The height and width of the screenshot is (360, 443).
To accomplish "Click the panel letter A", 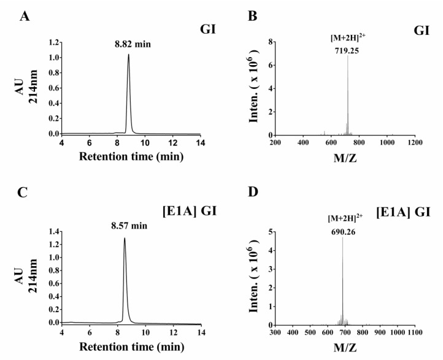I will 25,15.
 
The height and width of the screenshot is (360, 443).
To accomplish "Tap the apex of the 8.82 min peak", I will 128,54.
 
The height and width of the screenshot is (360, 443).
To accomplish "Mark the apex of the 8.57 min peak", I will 125,238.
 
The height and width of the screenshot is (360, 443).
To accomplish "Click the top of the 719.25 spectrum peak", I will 348,57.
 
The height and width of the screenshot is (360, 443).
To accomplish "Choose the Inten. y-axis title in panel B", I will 256,89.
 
